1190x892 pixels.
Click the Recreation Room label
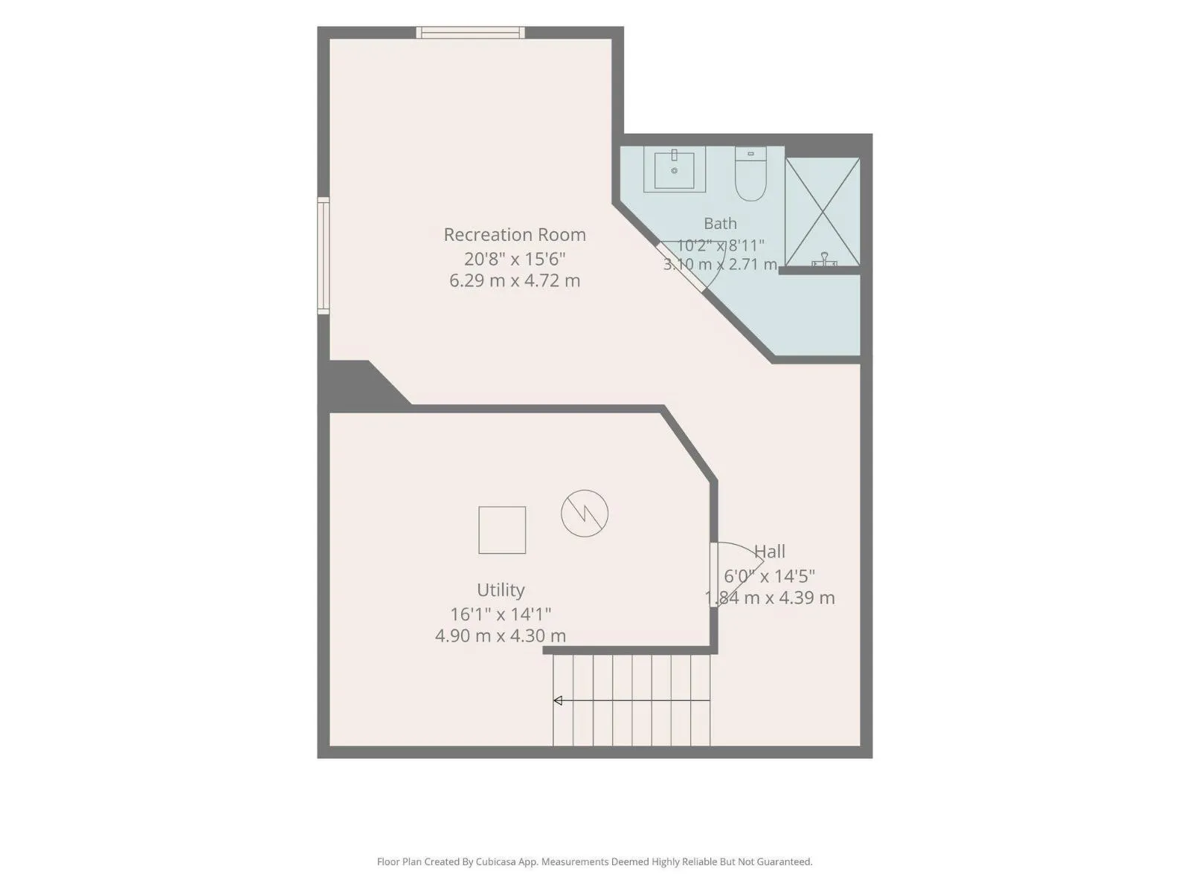click(515, 234)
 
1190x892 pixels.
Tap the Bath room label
click(720, 223)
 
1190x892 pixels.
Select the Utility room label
click(501, 589)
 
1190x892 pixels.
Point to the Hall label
click(769, 552)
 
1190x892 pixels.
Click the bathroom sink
click(675, 169)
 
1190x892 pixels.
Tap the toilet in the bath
click(750, 173)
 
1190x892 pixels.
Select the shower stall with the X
click(823, 212)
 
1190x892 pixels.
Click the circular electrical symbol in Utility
click(585, 514)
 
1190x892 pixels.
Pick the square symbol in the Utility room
click(502, 530)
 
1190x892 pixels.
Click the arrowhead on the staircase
click(557, 701)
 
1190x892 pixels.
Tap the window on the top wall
click(471, 33)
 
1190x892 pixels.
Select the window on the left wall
click(323, 256)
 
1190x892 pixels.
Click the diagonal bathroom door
click(681, 268)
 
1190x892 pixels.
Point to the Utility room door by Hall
click(714, 575)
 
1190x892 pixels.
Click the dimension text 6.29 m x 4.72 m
click(515, 280)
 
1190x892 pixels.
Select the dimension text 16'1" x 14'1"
click(501, 614)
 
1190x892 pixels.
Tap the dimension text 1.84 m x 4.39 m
click(769, 598)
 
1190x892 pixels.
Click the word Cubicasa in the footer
click(495, 862)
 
